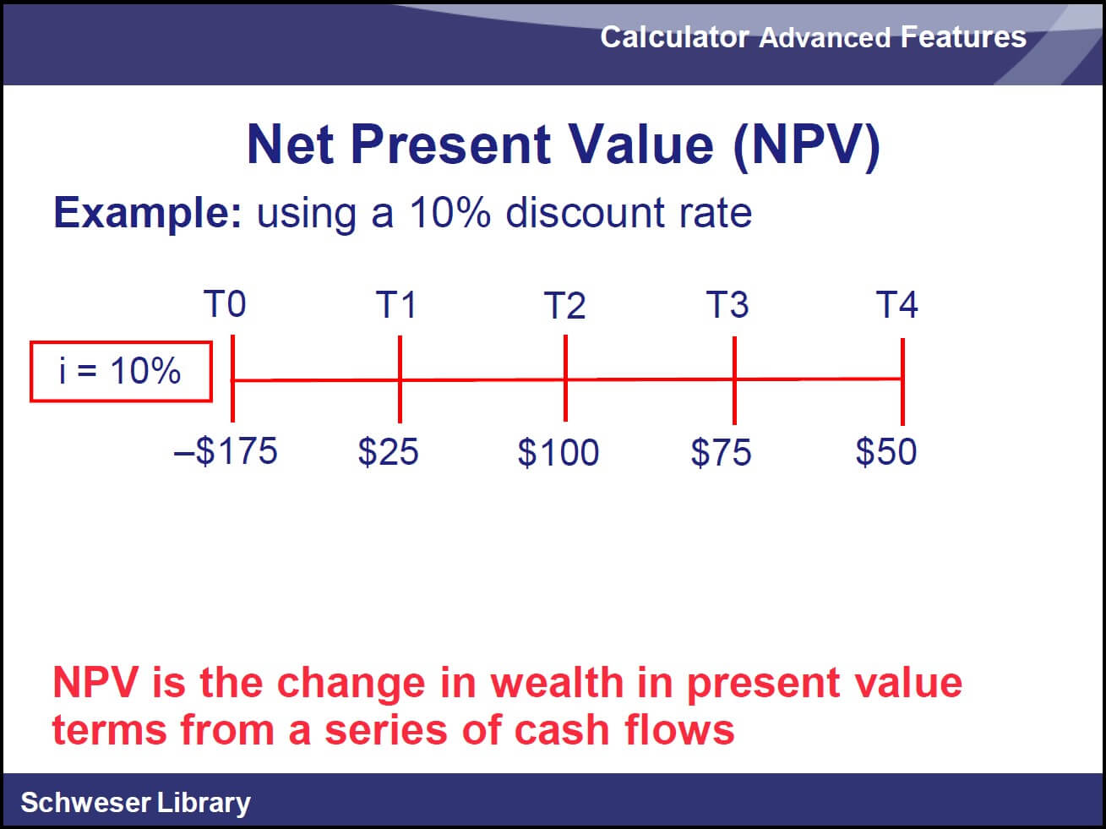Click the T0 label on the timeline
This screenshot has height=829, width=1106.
tap(225, 304)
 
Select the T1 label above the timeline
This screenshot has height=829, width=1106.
tap(396, 305)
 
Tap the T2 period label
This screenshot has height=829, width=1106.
tap(565, 305)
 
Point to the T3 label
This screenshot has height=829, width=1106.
tap(727, 304)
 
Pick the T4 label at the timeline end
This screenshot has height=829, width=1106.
tap(897, 304)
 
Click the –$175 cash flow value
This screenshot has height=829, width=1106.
tap(226, 450)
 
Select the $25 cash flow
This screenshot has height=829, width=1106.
tap(388, 451)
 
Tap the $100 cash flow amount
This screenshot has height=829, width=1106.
tap(558, 452)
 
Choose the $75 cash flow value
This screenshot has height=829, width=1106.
tap(721, 452)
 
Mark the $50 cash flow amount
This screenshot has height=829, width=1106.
tap(886, 451)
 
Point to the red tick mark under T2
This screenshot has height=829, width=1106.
tap(566, 378)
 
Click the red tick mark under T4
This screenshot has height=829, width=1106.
tap(903, 381)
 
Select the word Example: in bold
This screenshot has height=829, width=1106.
tap(148, 214)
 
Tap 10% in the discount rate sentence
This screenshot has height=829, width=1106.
tap(450, 212)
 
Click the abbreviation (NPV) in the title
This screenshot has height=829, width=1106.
tap(807, 145)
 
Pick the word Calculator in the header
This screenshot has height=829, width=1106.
tap(675, 37)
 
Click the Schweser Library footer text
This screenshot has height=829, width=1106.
tap(135, 802)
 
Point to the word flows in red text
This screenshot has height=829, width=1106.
tap(679, 730)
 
